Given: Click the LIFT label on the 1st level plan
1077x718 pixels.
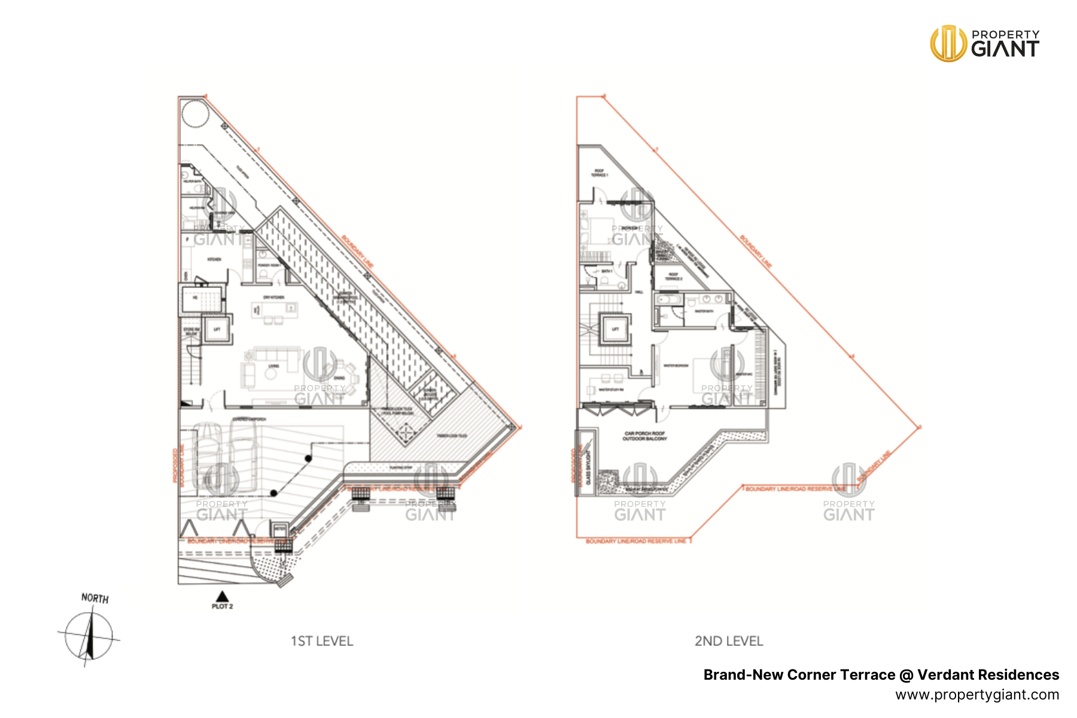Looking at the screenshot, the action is point(217,329).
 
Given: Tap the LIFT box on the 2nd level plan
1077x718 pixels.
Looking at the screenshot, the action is point(615,329).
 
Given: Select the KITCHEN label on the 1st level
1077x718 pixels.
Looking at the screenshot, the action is point(214,259).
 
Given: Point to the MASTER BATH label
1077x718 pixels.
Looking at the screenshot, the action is point(704,311).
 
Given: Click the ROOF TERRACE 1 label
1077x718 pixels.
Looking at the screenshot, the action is point(600,173).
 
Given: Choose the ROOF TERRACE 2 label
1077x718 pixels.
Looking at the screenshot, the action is point(674,276).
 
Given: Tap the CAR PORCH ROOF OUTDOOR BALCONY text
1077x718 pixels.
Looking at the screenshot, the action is point(644,436).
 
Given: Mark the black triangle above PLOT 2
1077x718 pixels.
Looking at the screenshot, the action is point(222,596).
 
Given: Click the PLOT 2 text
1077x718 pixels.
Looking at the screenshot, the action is point(222,606).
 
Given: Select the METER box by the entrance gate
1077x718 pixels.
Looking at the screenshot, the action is point(279,529).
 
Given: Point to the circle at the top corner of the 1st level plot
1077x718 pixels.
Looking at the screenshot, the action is point(195,112).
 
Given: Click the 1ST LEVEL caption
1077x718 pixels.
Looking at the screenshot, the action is point(322,641).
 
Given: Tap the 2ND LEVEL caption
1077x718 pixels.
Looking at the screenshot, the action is point(729,641).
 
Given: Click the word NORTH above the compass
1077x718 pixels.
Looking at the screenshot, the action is point(95,598).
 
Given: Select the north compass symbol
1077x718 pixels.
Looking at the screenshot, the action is point(89,636).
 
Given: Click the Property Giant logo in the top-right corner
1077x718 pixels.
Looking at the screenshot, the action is point(984,43).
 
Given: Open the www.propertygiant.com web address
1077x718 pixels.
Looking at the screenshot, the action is point(977,695).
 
